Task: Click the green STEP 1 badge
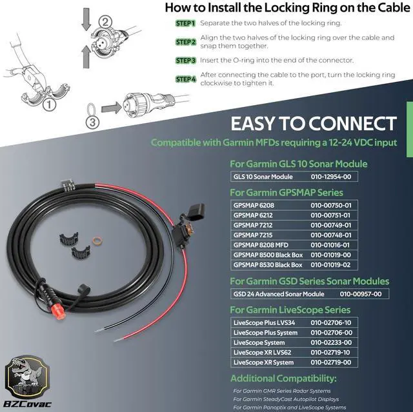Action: tap(185, 24)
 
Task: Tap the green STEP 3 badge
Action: tap(185, 60)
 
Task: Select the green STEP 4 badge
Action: tap(185, 79)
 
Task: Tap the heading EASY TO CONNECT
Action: tap(313, 123)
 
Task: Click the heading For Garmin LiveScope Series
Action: tap(291, 310)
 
